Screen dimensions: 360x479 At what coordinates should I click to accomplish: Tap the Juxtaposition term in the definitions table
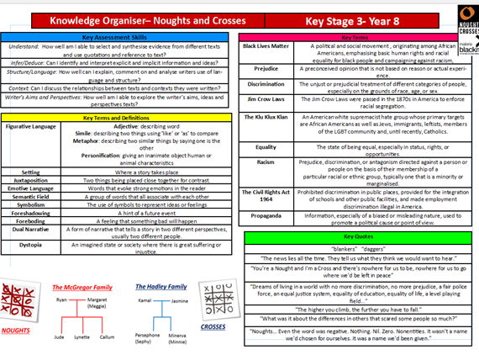coord(29,181)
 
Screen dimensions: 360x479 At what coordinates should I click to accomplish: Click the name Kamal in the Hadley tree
coord(145,299)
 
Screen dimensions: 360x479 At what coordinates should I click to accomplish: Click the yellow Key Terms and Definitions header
coord(118,117)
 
